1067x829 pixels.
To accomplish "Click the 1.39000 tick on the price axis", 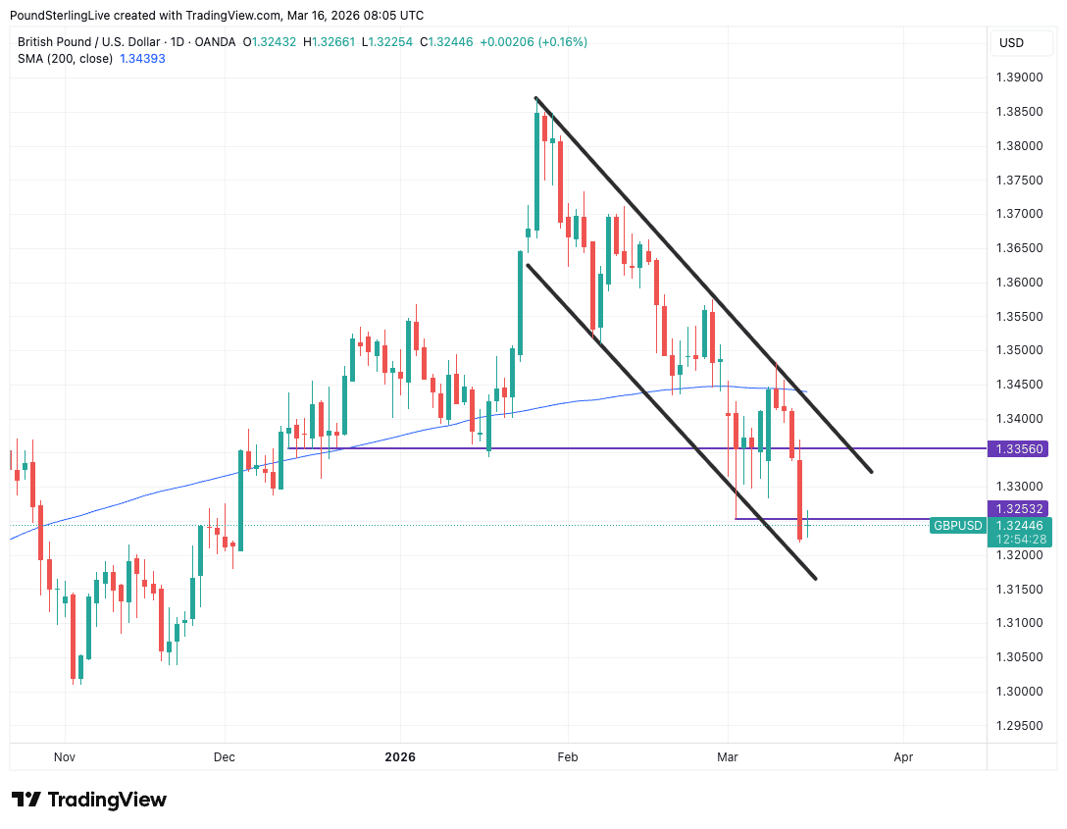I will [x=1020, y=78].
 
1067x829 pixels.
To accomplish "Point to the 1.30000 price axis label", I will [x=1020, y=691].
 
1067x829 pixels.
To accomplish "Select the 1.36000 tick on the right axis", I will [x=1020, y=283].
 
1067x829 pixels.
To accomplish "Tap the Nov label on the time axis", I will [x=65, y=757].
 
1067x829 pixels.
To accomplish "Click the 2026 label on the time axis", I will [x=400, y=757].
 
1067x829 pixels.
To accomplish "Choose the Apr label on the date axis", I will [x=903, y=757].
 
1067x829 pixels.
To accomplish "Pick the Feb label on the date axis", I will [x=568, y=757].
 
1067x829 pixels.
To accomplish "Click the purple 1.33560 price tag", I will [x=1020, y=448].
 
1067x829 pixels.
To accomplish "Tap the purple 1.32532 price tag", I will [x=1020, y=508].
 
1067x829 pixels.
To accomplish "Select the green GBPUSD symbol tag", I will [x=957, y=526].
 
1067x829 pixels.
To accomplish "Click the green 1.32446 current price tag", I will [x=1020, y=526].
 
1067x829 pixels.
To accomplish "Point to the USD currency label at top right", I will [x=1011, y=42].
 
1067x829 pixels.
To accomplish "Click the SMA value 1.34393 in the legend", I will [x=142, y=59].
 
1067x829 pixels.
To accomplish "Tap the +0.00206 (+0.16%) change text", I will [x=533, y=42].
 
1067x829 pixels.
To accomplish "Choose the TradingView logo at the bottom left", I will [x=89, y=800].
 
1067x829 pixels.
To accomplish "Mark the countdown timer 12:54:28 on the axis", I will [x=1020, y=539].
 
